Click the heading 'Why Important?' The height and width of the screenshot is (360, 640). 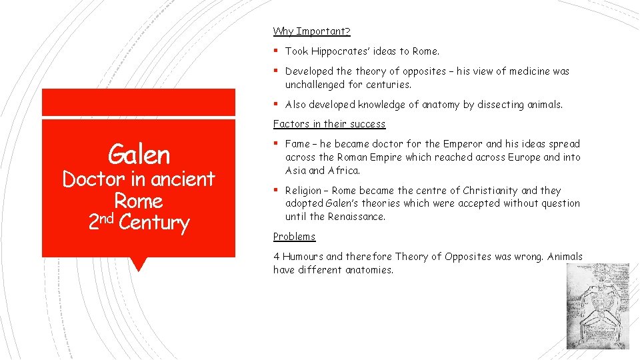[x=311, y=31]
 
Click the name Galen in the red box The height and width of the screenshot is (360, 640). [x=139, y=155]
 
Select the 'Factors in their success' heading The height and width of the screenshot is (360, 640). [x=329, y=124]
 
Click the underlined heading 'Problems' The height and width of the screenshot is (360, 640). [x=294, y=237]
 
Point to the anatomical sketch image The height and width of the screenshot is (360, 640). [x=588, y=305]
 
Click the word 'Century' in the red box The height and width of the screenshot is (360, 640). [x=154, y=223]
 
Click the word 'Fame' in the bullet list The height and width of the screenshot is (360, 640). [x=297, y=144]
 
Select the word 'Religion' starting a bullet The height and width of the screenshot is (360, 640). [x=304, y=191]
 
